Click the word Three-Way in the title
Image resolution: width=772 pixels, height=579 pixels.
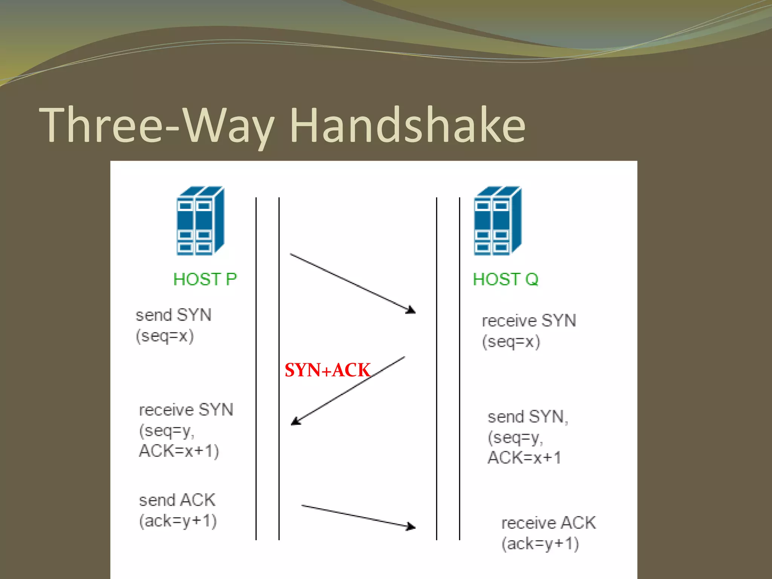click(x=156, y=125)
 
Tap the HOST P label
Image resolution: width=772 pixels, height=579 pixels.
click(x=205, y=279)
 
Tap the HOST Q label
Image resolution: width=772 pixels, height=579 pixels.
click(x=505, y=279)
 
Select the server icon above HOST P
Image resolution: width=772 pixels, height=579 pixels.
click(x=200, y=221)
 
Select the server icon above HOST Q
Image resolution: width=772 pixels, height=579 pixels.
click(x=498, y=221)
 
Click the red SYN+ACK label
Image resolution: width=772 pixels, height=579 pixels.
click(x=327, y=370)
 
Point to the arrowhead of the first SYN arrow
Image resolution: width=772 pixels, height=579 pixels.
click(x=412, y=311)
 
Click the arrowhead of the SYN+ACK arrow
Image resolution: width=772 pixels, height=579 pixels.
click(x=295, y=422)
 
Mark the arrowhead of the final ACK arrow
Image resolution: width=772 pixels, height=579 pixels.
click(x=412, y=527)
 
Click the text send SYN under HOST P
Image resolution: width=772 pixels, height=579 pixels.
click(x=173, y=315)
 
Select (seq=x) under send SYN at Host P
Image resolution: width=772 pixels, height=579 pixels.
click(x=165, y=336)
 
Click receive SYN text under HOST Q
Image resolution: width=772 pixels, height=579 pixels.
click(x=529, y=321)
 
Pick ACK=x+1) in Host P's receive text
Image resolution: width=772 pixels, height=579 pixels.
click(x=179, y=451)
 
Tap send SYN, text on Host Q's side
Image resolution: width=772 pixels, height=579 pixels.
click(x=528, y=417)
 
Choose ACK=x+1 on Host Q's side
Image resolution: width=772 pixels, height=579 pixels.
click(x=524, y=458)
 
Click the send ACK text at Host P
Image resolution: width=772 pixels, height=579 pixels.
click(x=177, y=500)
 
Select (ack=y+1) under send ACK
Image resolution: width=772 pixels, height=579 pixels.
click(x=178, y=521)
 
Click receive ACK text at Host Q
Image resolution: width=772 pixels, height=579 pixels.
click(x=548, y=523)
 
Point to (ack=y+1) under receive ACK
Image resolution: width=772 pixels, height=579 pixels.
click(x=540, y=544)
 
